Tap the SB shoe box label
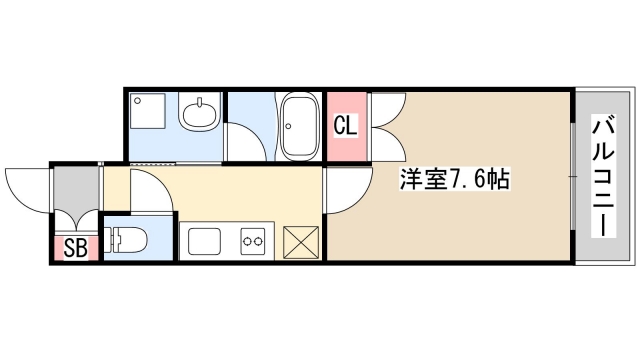pyautogui.click(x=75, y=248)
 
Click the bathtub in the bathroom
pyautogui.click(x=299, y=127)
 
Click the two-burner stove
pyautogui.click(x=250, y=241)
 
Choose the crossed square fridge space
pyautogui.click(x=301, y=242)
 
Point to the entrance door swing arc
pyautogui.click(x=27, y=188)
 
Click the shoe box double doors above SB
pyautogui.click(x=76, y=222)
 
